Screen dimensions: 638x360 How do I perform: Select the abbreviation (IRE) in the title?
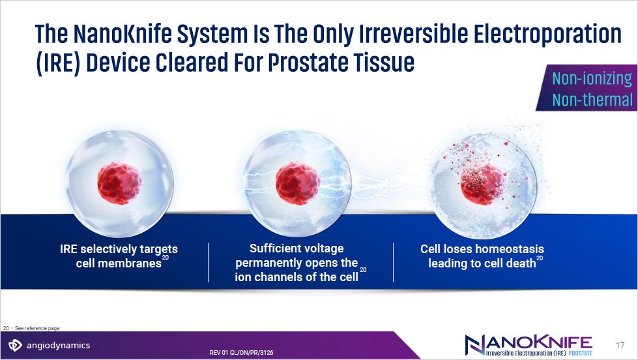pos(59,63)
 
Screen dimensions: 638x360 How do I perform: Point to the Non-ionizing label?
pos(592,78)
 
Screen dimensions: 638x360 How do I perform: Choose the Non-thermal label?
pos(592,100)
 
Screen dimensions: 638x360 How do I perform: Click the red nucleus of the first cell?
pos(119,183)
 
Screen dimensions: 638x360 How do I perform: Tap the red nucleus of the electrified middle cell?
pos(297,183)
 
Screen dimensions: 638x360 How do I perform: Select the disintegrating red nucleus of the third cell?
pos(482,184)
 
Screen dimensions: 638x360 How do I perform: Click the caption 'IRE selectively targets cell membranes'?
pos(119,256)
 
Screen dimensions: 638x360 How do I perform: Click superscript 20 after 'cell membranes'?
pos(165,258)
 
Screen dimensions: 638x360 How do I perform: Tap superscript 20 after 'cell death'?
pos(540,258)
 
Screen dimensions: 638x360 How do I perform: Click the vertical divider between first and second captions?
pos(209,262)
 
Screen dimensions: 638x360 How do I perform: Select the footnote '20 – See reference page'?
pos(31,328)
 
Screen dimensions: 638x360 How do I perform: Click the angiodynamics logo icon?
pos(15,345)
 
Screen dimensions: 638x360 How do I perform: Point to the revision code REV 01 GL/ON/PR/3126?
pos(241,353)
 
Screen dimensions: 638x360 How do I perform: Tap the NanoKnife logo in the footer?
pos(529,346)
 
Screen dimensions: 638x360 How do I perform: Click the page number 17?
pos(620,346)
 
